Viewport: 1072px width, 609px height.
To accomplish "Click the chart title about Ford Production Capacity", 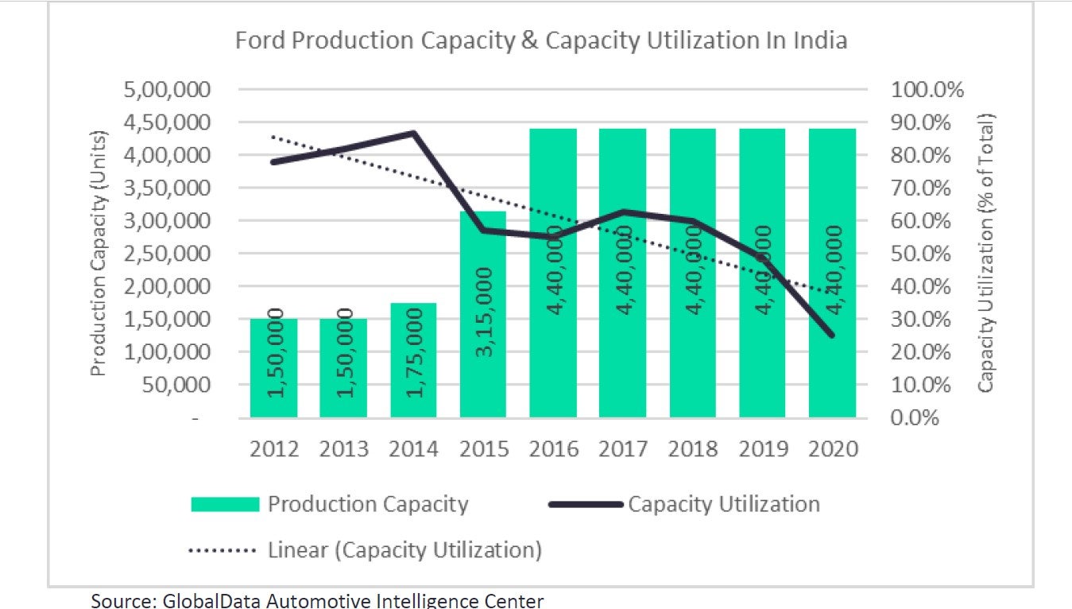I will tap(541, 41).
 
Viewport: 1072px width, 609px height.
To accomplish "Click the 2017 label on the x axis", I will tap(623, 449).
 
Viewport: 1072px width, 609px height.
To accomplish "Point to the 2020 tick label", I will tap(832, 449).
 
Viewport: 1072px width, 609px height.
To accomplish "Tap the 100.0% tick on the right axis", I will tap(927, 89).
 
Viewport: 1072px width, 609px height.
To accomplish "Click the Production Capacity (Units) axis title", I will tap(98, 253).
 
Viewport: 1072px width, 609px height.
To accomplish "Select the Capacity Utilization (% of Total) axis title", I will tap(985, 253).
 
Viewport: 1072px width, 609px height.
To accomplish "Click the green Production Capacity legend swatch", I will tap(225, 504).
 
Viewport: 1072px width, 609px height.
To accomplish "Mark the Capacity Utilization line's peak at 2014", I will tap(414, 133).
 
